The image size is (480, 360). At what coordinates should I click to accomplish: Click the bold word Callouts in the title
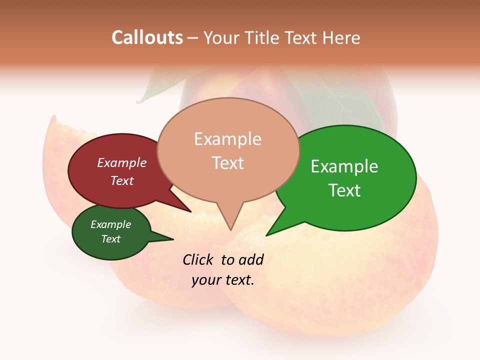tap(147, 37)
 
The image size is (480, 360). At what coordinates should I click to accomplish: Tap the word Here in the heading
tap(341, 37)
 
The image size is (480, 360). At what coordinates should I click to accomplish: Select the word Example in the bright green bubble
tap(344, 166)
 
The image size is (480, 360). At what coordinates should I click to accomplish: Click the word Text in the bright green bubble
tap(344, 190)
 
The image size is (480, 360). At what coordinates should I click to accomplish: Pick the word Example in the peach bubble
tap(227, 139)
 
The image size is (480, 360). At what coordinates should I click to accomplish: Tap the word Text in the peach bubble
tap(227, 163)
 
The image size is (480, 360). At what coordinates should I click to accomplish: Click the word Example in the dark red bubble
tap(122, 163)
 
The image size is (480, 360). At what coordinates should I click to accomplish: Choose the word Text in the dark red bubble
tap(122, 180)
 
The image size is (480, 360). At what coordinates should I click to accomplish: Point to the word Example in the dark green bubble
tap(110, 224)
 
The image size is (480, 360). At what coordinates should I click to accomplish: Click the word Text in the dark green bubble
tap(110, 239)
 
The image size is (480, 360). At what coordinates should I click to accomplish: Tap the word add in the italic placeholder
tap(251, 259)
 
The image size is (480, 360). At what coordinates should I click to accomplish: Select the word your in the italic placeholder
tap(205, 280)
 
